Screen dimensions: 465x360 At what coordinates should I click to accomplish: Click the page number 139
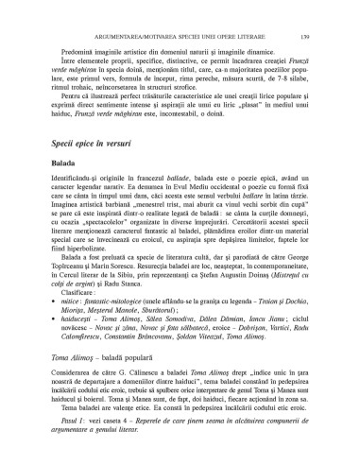pos(325,10)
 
